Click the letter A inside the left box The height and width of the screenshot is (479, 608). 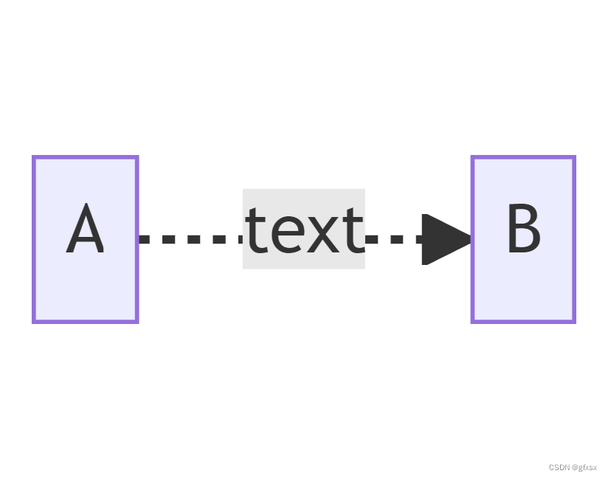pos(85,230)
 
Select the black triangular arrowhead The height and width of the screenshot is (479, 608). pos(443,239)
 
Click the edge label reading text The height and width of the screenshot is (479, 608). pos(304,230)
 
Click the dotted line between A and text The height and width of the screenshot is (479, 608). pos(190,239)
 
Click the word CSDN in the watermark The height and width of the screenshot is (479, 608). pos(559,468)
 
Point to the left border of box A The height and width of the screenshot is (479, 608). pos(34,239)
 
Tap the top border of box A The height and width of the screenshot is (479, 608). pos(85,157)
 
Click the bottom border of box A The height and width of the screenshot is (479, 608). pos(85,321)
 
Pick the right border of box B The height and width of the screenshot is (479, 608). pos(573,239)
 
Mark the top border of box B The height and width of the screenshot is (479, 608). pos(523,157)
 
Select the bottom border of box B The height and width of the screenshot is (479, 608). pos(523,321)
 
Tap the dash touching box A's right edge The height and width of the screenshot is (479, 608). pos(145,239)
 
